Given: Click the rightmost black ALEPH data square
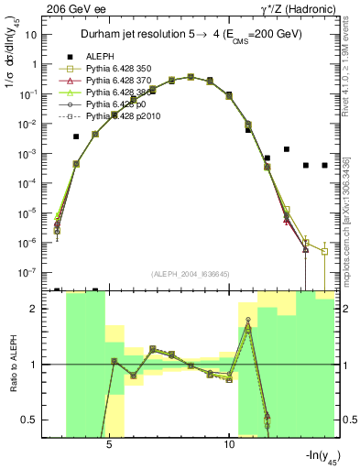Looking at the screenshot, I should coord(324,166).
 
